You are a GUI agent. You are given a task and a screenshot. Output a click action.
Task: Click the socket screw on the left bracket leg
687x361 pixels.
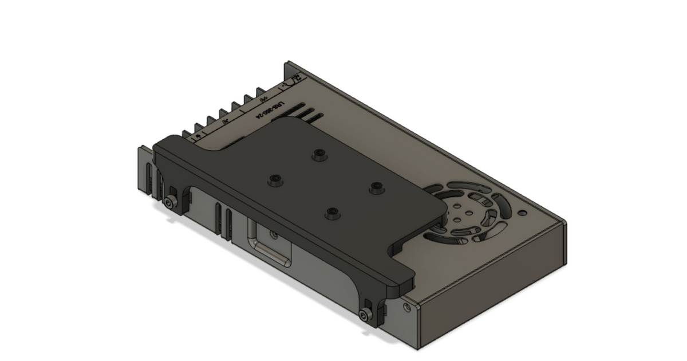click(170, 203)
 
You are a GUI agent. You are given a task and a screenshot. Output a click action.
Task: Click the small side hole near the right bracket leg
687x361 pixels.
click(407, 308)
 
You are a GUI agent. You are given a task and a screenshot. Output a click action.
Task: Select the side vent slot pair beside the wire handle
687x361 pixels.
click(224, 221)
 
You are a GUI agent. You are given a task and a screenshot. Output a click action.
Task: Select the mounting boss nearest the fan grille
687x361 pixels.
click(376, 187)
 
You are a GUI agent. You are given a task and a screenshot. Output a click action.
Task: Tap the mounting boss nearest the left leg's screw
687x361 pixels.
click(275, 180)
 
